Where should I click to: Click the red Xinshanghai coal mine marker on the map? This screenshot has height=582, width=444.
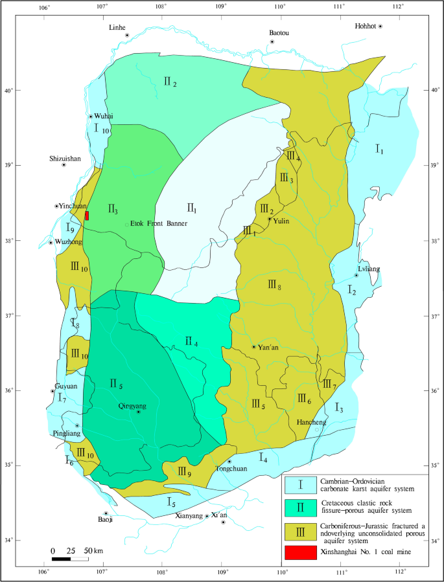(87, 216)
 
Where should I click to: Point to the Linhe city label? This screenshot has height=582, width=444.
(117, 28)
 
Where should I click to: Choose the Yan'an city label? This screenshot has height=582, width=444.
(268, 347)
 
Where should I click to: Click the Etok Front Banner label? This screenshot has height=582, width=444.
(159, 224)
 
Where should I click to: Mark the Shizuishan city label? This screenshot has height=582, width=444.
(65, 158)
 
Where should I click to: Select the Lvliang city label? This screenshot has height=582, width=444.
(368, 268)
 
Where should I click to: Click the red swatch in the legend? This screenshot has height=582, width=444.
(300, 552)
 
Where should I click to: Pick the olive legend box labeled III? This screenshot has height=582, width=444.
(300, 530)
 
